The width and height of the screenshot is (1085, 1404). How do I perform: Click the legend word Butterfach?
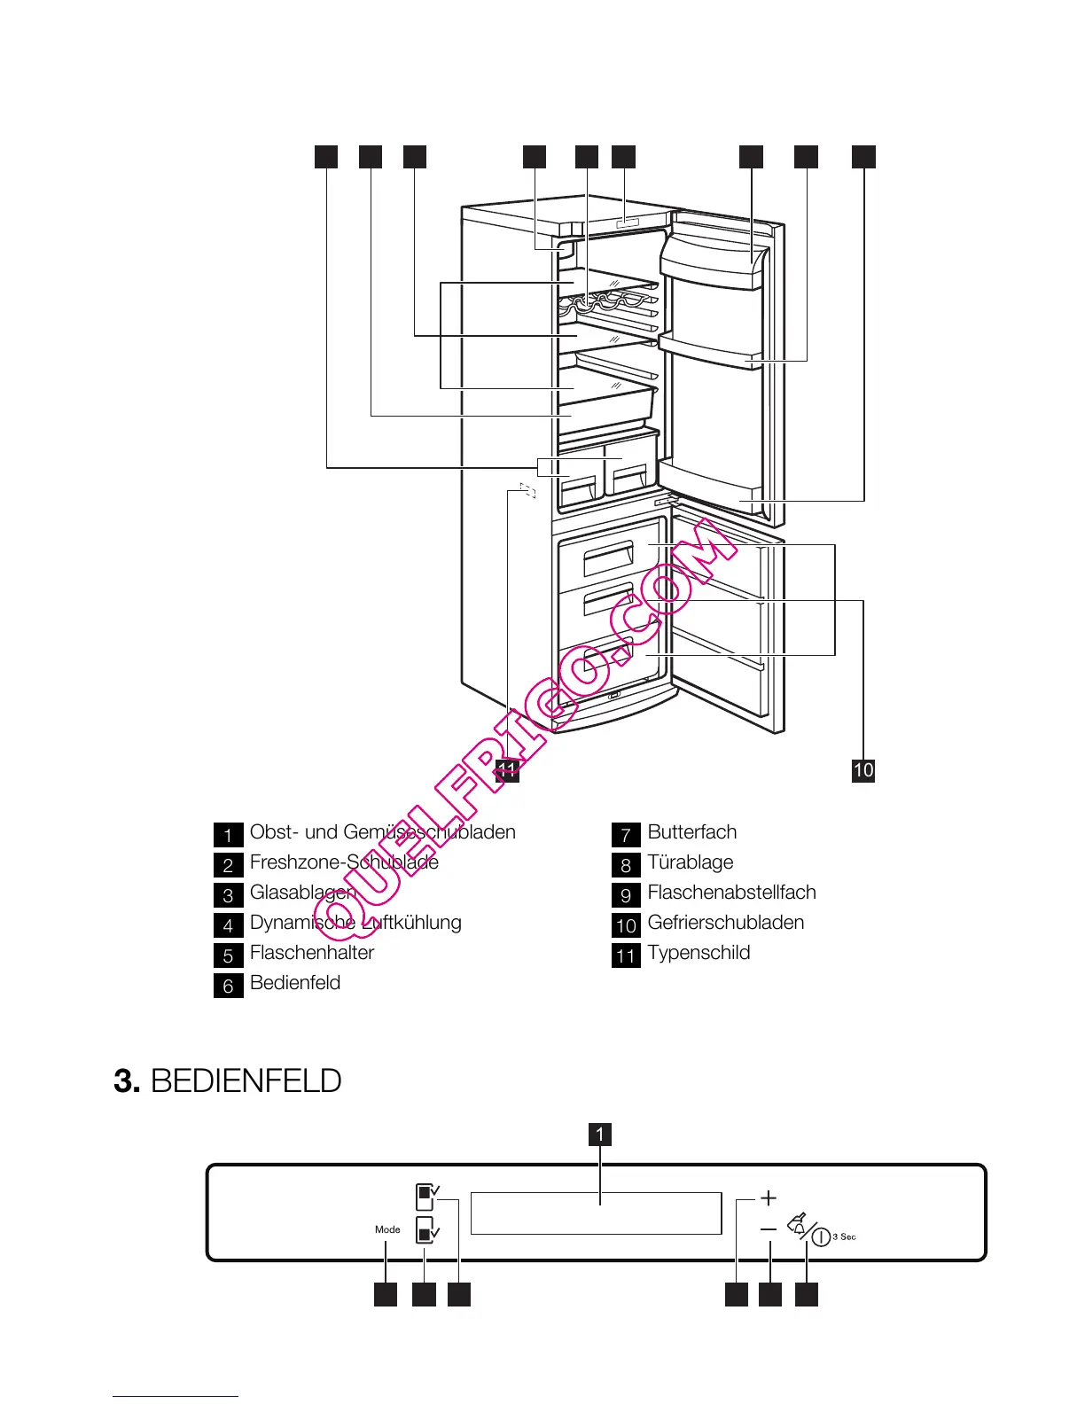tap(691, 832)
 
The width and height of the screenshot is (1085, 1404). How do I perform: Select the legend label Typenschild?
tap(699, 953)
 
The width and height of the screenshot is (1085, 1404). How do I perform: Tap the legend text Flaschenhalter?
tap(312, 953)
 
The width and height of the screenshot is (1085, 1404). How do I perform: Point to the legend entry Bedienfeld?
tap(295, 983)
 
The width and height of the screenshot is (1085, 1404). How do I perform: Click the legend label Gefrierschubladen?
tap(726, 923)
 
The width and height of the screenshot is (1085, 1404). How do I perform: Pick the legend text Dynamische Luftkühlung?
tap(355, 923)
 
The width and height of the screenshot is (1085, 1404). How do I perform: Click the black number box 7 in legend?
tap(626, 834)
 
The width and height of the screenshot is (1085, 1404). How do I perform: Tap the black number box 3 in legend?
tap(228, 895)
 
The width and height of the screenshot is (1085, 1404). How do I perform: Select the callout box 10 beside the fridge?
tap(863, 769)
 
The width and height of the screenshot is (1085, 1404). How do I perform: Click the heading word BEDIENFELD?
tap(246, 1081)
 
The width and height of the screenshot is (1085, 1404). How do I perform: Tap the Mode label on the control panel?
tap(387, 1229)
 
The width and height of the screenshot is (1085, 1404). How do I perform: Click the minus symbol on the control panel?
tap(769, 1229)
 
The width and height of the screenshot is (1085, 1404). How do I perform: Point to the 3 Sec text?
tap(845, 1236)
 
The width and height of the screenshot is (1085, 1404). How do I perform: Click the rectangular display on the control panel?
tap(596, 1213)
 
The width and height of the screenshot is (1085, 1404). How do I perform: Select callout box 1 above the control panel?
tap(600, 1134)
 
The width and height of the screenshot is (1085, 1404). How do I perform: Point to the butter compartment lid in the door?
tap(711, 261)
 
